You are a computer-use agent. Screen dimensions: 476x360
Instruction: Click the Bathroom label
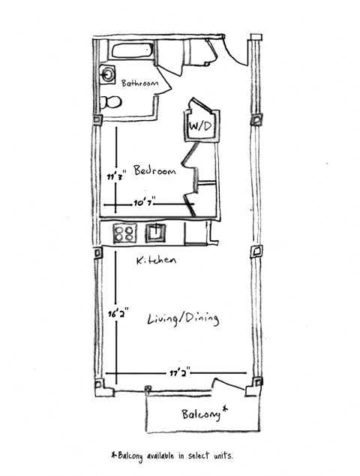[x=140, y=84]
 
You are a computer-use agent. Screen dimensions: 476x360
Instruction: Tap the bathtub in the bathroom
[x=132, y=51]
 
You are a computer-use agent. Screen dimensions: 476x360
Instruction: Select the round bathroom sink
[x=108, y=74]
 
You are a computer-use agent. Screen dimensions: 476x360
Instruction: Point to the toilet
[x=110, y=102]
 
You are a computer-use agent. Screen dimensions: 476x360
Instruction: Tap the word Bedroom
[x=154, y=171]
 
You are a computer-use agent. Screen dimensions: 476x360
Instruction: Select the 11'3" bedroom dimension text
[x=114, y=177]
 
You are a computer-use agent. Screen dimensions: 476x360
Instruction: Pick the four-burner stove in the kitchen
[x=124, y=233]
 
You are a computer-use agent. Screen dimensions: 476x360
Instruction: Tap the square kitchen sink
[x=156, y=233]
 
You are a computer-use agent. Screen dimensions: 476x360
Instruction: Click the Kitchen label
[x=156, y=261]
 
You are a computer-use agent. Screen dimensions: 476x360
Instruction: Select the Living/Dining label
[x=183, y=319]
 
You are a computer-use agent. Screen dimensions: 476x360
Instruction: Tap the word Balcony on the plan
[x=200, y=414]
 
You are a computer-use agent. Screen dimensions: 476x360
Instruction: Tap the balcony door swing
[x=229, y=385]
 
